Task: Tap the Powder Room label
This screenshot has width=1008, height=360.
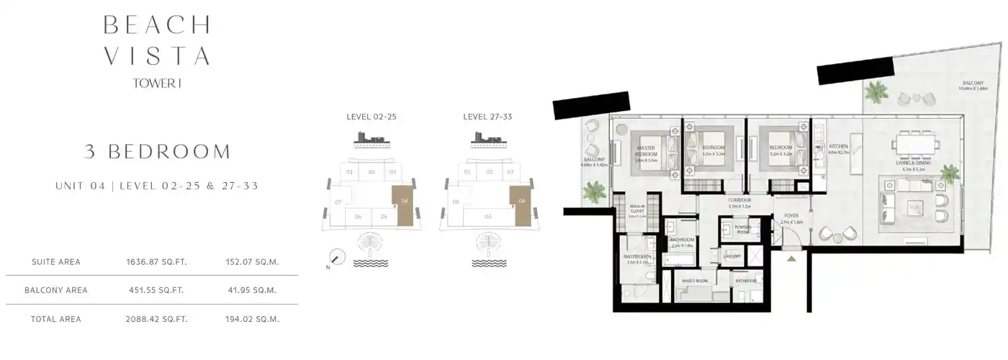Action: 742,230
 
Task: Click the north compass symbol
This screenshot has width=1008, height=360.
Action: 336,257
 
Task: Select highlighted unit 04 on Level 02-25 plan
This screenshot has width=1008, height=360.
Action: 405,201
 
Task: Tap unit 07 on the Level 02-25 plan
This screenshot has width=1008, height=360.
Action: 338,202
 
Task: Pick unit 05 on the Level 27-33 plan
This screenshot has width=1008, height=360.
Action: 487,216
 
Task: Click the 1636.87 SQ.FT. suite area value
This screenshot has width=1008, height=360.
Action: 156,262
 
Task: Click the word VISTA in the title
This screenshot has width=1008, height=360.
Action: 157,55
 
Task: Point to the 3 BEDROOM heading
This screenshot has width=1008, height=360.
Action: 157,152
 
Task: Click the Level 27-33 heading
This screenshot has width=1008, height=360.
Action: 487,116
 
